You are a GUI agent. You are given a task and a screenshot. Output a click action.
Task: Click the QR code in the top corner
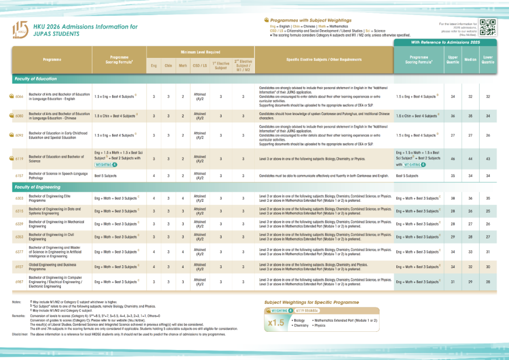pyautogui.click(x=490, y=27)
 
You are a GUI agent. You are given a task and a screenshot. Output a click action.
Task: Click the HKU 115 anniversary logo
pyautogui.click(x=20, y=30)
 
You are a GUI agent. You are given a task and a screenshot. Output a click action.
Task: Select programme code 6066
pyautogui.click(x=19, y=96)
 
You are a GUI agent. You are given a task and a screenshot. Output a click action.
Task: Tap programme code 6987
pyautogui.click(x=19, y=282)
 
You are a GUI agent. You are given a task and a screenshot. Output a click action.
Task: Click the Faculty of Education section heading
pyautogui.click(x=35, y=79)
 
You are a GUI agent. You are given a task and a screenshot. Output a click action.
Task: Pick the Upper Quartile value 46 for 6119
pyautogui.click(x=452, y=159)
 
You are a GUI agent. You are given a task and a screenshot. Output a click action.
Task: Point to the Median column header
pyautogui.click(x=470, y=60)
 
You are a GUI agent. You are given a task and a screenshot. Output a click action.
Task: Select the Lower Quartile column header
pyautogui.click(x=488, y=60)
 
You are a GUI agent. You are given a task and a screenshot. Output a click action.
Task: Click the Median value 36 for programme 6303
pyautogui.click(x=470, y=198)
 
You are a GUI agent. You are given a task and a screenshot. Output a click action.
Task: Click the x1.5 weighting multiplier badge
pyautogui.click(x=276, y=323)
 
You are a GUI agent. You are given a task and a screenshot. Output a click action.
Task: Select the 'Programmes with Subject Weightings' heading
pyautogui.click(x=311, y=20)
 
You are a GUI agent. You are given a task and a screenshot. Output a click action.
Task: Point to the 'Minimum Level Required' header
pyautogui.click(x=200, y=52)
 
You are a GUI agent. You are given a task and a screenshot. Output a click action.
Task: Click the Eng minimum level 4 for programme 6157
pyautogui.click(x=154, y=176)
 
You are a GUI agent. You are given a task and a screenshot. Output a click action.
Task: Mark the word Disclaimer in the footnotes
pyautogui.click(x=20, y=334)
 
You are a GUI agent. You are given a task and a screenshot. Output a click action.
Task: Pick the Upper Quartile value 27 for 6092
pyautogui.click(x=452, y=135)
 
